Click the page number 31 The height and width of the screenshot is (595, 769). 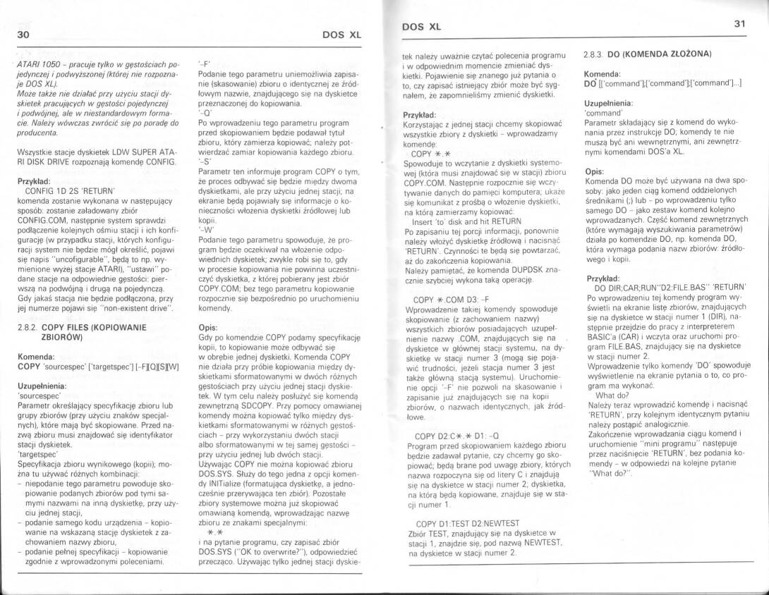(x=739, y=24)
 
